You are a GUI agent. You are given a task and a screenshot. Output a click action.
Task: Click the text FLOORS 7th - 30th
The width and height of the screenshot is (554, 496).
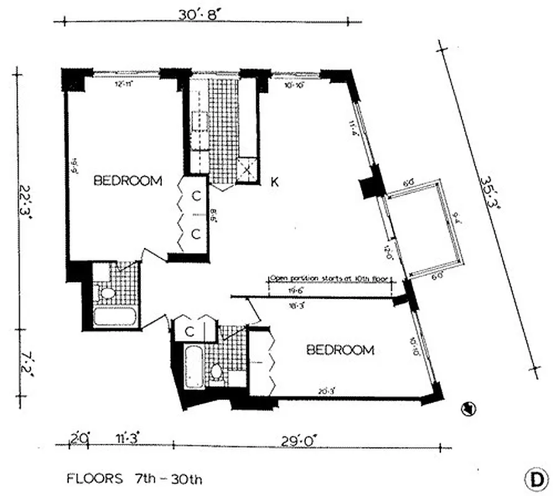pos(134,479)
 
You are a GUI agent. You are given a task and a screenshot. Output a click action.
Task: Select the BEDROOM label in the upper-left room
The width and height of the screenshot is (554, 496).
pos(128,181)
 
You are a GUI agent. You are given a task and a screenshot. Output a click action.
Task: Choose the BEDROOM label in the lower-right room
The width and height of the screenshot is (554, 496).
pos(341,350)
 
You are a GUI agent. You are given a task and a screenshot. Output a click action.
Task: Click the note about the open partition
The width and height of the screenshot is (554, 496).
pos(329,278)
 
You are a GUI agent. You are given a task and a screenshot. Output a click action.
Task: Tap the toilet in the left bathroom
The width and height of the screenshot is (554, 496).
pos(108,293)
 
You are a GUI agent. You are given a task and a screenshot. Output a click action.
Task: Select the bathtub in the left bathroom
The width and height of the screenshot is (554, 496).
pos(115,317)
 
